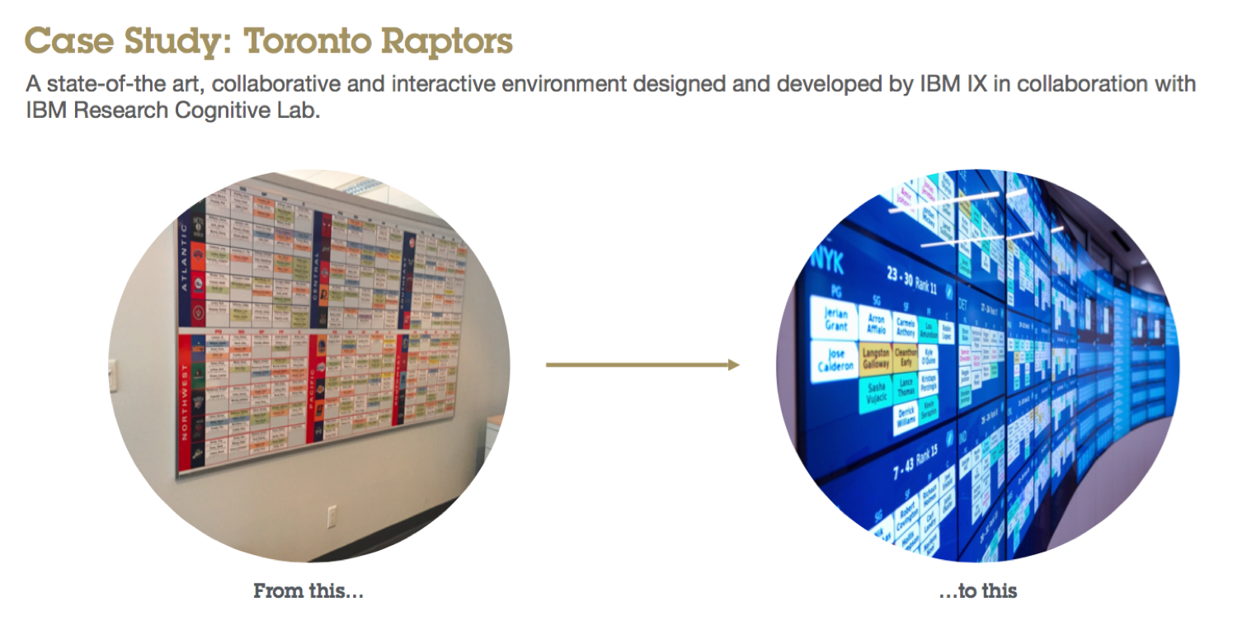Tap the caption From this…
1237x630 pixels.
pos(308,590)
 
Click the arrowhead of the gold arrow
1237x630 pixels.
pos(733,364)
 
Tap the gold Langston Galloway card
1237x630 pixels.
pos(876,359)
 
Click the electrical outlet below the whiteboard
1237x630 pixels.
pos(332,518)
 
